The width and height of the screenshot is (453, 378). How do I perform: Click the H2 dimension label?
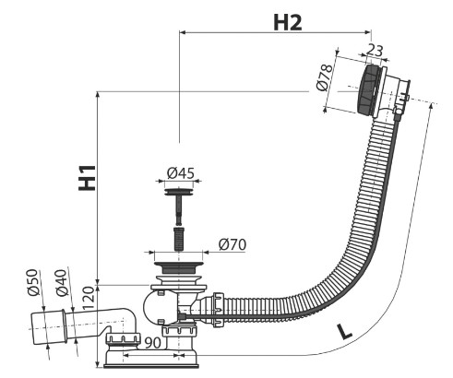coord(288,22)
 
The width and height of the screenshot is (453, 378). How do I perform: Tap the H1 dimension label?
coord(87,178)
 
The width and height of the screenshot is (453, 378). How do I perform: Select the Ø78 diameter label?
coord(325,77)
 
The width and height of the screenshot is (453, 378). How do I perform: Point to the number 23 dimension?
coord(375,51)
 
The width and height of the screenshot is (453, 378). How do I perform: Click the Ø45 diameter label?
coord(181,173)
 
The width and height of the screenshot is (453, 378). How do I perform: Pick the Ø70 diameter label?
coord(232,244)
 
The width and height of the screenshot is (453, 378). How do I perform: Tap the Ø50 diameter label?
coord(33,282)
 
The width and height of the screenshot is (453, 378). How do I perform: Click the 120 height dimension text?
coord(89,298)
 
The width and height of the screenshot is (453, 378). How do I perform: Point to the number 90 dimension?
coord(153,343)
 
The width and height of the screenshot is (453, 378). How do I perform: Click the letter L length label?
coord(344,331)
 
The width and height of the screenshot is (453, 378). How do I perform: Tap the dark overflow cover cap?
coord(366,89)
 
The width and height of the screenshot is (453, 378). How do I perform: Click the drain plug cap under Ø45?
coord(179,193)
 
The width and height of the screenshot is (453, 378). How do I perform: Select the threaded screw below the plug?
coord(179,238)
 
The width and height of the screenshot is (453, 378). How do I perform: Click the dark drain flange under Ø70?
coord(179,268)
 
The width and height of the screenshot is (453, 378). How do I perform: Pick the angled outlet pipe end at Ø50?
coord(48,328)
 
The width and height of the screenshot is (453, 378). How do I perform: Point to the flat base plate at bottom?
coord(151,366)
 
